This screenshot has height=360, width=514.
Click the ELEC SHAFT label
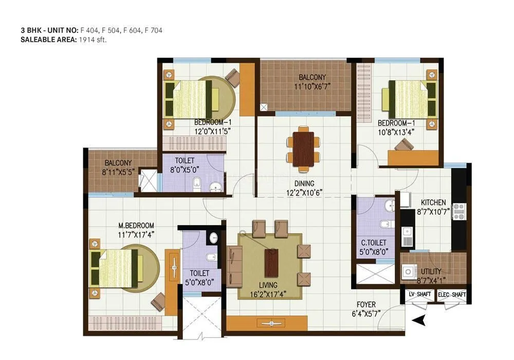click(452, 295)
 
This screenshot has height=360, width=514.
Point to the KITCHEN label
click(433, 202)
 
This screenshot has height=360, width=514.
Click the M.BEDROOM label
click(136, 226)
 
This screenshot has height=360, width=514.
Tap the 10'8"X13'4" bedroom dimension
click(396, 132)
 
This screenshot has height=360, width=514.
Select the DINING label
click(304, 183)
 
